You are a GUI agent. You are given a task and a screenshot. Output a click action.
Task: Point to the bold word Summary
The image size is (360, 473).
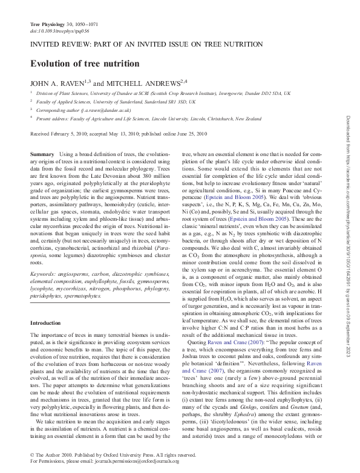point(42,155)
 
